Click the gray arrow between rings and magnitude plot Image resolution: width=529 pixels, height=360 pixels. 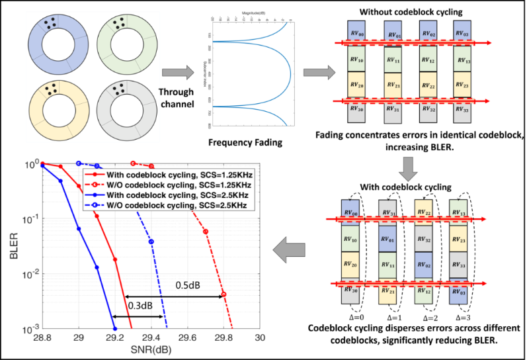click(175, 71)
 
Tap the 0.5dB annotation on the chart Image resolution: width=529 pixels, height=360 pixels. click(188, 285)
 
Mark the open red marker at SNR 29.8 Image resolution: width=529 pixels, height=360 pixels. click(224, 294)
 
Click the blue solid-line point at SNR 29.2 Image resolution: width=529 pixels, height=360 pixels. click(115, 329)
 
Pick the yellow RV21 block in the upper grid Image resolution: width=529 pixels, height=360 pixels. click(393, 86)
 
